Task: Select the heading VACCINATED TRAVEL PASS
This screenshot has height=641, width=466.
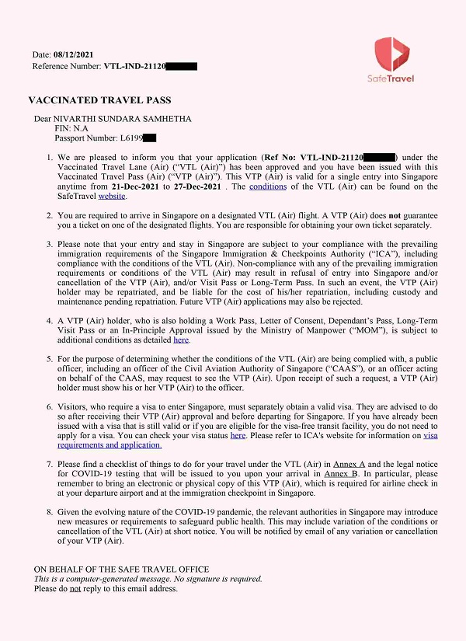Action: [99, 100]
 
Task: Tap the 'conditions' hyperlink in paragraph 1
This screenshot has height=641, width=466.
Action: [268, 186]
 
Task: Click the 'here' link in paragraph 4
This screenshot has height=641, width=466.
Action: [181, 340]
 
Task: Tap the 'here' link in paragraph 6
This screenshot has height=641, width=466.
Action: [238, 435]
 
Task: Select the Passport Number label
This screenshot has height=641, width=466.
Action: [86, 138]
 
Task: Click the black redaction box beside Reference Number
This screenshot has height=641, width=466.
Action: [180, 66]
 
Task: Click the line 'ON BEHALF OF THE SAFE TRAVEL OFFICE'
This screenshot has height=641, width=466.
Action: [122, 569]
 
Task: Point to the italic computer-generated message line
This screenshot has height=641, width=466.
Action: [148, 579]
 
